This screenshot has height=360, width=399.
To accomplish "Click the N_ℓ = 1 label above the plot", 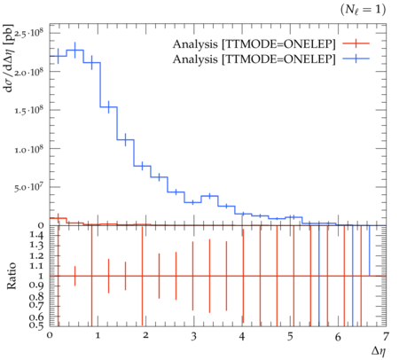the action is tap(363, 10).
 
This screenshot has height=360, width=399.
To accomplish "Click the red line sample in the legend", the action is tap(356, 43).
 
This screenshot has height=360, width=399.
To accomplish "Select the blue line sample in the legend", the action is tap(356, 59).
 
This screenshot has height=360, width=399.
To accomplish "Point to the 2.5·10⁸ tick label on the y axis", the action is tap(28, 34).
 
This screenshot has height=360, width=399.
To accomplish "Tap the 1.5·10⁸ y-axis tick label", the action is tap(28, 110).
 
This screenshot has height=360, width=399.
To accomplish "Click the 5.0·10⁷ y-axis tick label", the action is tap(28, 187).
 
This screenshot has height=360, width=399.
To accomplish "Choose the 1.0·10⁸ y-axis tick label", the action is tap(28, 149).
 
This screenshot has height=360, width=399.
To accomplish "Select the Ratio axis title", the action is tap(12, 276).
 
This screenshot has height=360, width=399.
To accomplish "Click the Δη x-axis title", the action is tap(379, 351).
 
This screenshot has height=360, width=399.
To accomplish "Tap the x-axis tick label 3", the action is tap(193, 336).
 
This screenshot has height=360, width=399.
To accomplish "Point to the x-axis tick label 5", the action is tap(290, 336).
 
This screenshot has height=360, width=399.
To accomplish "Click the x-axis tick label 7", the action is tap(386, 336).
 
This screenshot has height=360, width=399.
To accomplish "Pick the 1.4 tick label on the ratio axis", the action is tap(36, 235).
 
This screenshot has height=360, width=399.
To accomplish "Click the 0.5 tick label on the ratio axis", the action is tap(36, 325).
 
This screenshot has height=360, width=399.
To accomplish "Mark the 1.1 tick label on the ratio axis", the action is tap(36, 266).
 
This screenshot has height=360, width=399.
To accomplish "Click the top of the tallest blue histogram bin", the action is tap(75, 50).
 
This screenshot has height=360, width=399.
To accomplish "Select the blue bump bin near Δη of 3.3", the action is tap(209, 196).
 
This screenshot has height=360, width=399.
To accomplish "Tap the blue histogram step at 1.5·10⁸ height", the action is tap(109, 107).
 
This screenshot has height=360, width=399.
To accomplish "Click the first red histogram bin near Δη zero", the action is tap(58, 218).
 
